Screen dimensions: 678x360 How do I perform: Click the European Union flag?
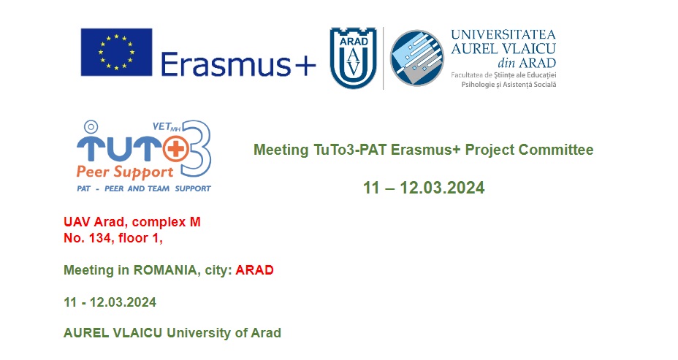116,53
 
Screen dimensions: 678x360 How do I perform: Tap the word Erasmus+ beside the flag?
238,65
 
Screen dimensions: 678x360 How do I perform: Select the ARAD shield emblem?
353,58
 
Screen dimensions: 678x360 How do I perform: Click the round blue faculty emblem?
417,58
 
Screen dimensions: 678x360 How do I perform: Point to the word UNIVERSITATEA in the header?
503,34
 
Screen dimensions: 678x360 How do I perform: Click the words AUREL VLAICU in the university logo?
503,48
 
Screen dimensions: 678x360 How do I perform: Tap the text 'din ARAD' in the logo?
527,63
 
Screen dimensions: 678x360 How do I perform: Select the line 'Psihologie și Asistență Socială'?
509,85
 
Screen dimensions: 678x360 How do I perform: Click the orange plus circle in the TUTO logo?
175,149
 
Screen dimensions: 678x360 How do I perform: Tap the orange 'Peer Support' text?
125,172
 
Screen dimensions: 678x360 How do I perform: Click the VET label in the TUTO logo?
161,126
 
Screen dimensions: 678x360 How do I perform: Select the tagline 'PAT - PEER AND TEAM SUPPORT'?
144,189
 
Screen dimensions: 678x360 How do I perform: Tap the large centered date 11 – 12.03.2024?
424,188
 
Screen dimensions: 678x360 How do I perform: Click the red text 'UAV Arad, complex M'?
132,222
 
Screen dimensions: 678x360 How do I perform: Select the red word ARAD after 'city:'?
255,270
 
